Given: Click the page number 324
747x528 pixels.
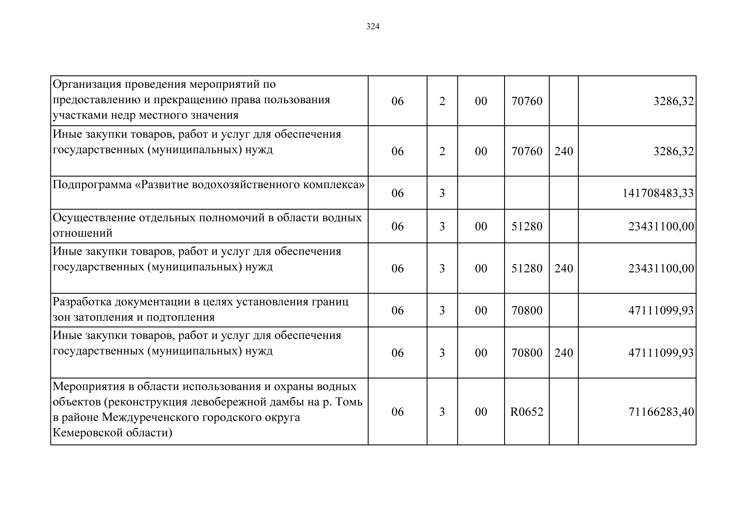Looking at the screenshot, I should [373, 26].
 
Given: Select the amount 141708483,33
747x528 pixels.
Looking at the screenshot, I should [658, 193].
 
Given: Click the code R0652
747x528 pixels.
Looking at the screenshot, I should [527, 412].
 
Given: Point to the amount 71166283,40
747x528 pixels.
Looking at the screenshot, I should [661, 412].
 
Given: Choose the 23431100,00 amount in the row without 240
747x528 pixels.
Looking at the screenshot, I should [661, 226].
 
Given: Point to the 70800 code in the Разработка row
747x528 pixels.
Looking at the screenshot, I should [527, 310].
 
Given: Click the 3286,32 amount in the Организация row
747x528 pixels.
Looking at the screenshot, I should [673, 101].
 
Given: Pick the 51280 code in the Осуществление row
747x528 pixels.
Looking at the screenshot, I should [527, 226].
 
